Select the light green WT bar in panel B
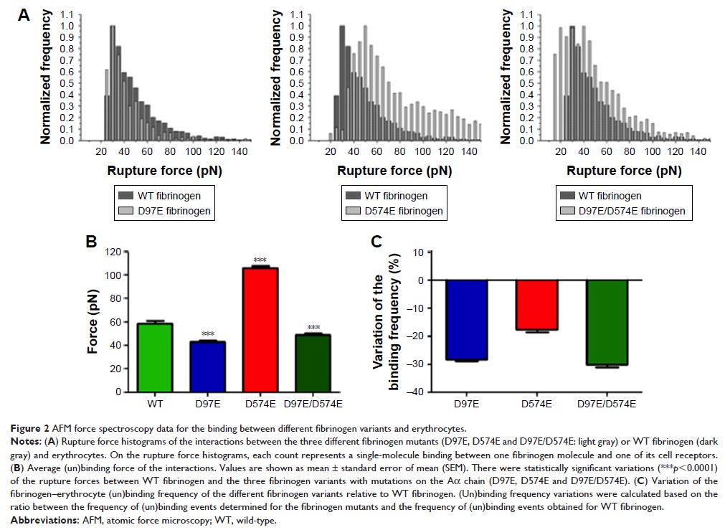click(x=154, y=357)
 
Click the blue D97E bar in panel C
click(x=467, y=320)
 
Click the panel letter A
click(x=24, y=14)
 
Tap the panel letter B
click(x=92, y=242)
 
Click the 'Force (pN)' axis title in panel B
click(x=93, y=322)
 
